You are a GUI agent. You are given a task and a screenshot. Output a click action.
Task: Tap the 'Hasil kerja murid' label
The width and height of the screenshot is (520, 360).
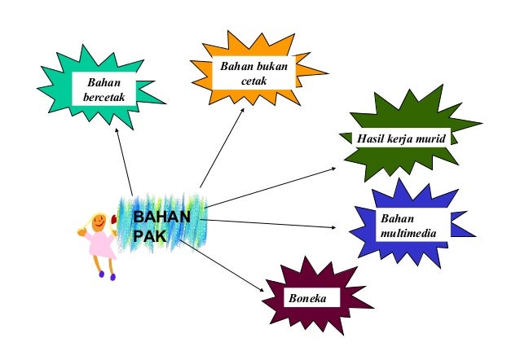coord(399,139)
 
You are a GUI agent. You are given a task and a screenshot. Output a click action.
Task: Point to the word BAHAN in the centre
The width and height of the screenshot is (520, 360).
coord(161,217)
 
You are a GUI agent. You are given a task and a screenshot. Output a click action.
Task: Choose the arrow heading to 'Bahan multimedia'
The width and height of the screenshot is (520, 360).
coord(277,222)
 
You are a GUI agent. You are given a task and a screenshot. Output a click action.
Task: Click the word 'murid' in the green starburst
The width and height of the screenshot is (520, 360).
coord(431,139)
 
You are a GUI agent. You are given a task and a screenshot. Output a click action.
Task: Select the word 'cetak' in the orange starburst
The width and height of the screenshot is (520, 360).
coord(253,81)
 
